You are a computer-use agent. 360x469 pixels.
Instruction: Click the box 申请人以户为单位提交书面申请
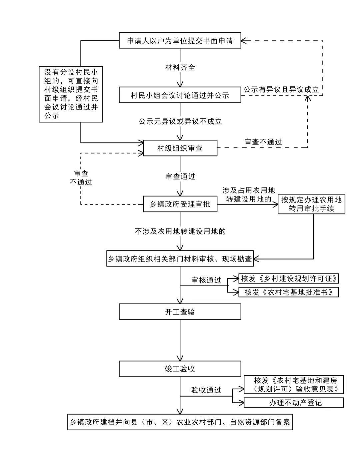(180, 41)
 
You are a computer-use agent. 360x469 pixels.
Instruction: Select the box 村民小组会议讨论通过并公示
(180, 95)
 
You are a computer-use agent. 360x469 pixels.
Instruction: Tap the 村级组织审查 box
(180, 148)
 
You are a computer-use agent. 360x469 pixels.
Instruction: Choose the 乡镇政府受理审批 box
(180, 204)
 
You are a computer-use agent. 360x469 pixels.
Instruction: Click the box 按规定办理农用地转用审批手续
(311, 204)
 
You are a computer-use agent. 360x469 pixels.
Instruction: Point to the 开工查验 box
(180, 312)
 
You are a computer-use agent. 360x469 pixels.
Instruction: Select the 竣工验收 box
(180, 369)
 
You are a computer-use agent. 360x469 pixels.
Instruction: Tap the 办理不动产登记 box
(294, 402)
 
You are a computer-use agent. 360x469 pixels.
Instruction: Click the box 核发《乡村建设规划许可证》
(289, 278)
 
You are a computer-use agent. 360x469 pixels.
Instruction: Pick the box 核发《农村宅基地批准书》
(289, 292)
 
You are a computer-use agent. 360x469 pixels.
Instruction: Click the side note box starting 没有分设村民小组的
(71, 94)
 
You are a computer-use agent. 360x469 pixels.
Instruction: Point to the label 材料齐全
(180, 67)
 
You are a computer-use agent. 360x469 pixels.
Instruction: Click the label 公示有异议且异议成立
(281, 89)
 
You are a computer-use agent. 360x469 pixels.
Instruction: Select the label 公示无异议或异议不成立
(180, 121)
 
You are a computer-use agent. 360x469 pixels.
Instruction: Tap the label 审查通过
(180, 176)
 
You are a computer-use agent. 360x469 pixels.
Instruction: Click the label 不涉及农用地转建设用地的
(180, 231)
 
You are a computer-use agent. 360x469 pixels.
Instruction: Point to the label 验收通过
(206, 390)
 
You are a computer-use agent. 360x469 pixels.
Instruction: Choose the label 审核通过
(206, 280)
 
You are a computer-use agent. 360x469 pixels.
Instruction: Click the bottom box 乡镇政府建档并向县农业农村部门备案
(180, 422)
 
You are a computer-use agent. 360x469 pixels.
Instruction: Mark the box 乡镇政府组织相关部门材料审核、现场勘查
(180, 259)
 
